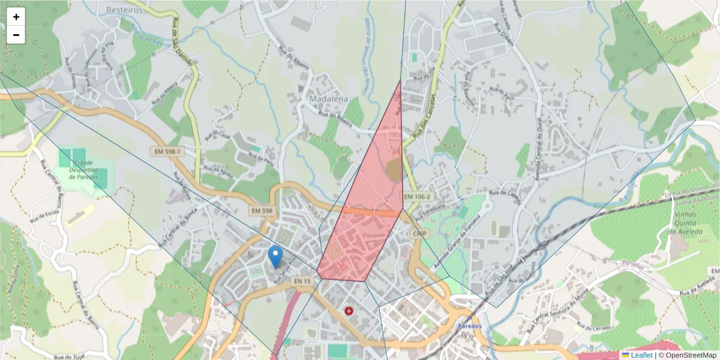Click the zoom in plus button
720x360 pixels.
16,17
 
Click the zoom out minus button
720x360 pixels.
16,35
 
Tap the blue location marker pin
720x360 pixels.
275,256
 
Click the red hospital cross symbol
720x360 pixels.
349,311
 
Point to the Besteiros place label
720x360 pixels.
125,10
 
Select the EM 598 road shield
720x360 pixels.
262,211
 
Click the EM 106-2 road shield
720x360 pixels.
418,197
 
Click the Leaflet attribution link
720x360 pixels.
641,355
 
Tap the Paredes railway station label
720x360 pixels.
469,325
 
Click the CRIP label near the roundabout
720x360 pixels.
419,232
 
